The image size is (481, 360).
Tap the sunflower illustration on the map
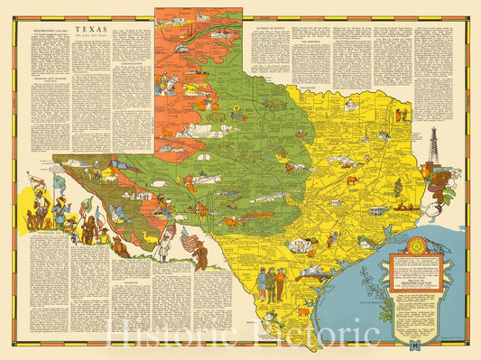(x=237, y=88)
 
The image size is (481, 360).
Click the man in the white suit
(x=162, y=245)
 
